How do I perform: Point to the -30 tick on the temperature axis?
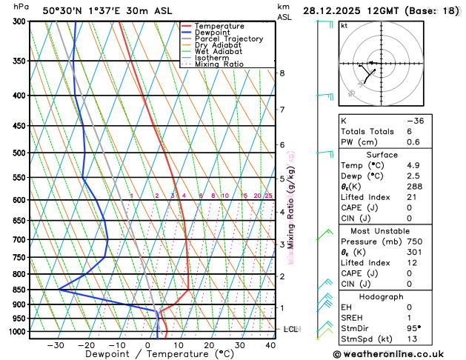pyautogui.click(x=56, y=345)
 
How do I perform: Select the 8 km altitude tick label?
pyautogui.click(x=282, y=73)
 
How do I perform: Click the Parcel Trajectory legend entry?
pyautogui.click(x=228, y=39)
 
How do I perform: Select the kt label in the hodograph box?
pyautogui.click(x=344, y=25)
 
